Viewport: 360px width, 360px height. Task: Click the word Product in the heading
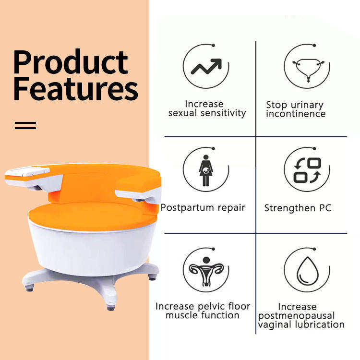tap(71, 62)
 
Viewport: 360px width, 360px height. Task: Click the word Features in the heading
tap(76, 89)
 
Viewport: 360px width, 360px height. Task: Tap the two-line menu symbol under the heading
tap(25, 125)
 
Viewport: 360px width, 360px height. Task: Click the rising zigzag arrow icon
tap(206, 66)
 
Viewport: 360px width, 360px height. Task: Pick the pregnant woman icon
tap(206, 170)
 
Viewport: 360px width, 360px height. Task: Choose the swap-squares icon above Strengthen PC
tap(307, 170)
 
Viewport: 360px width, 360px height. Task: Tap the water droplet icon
tap(308, 271)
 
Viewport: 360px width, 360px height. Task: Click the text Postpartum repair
tap(203, 207)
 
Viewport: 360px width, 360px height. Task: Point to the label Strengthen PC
tap(298, 208)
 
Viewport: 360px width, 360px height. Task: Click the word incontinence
tap(296, 114)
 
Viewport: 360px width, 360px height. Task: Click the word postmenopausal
tap(296, 316)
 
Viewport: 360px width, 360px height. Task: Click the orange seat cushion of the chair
tap(92, 216)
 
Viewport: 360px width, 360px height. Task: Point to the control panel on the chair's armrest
tap(27, 171)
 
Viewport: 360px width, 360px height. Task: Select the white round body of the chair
tap(92, 250)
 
